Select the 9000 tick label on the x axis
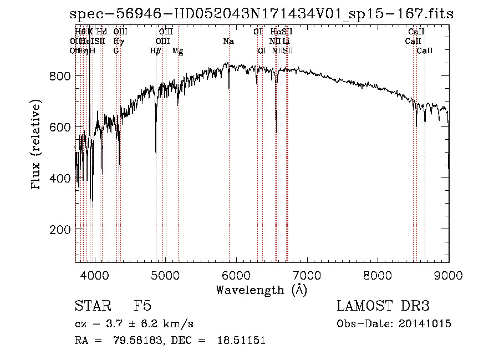pos(449,273)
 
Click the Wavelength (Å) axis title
pos(262,289)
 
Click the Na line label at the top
pos(228,41)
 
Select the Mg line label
pos(177,50)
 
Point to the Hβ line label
pos(155,50)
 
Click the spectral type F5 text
pos(142,306)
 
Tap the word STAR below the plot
pos(91,306)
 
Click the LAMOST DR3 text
pos(383,306)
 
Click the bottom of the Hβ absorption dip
pos(156,153)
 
